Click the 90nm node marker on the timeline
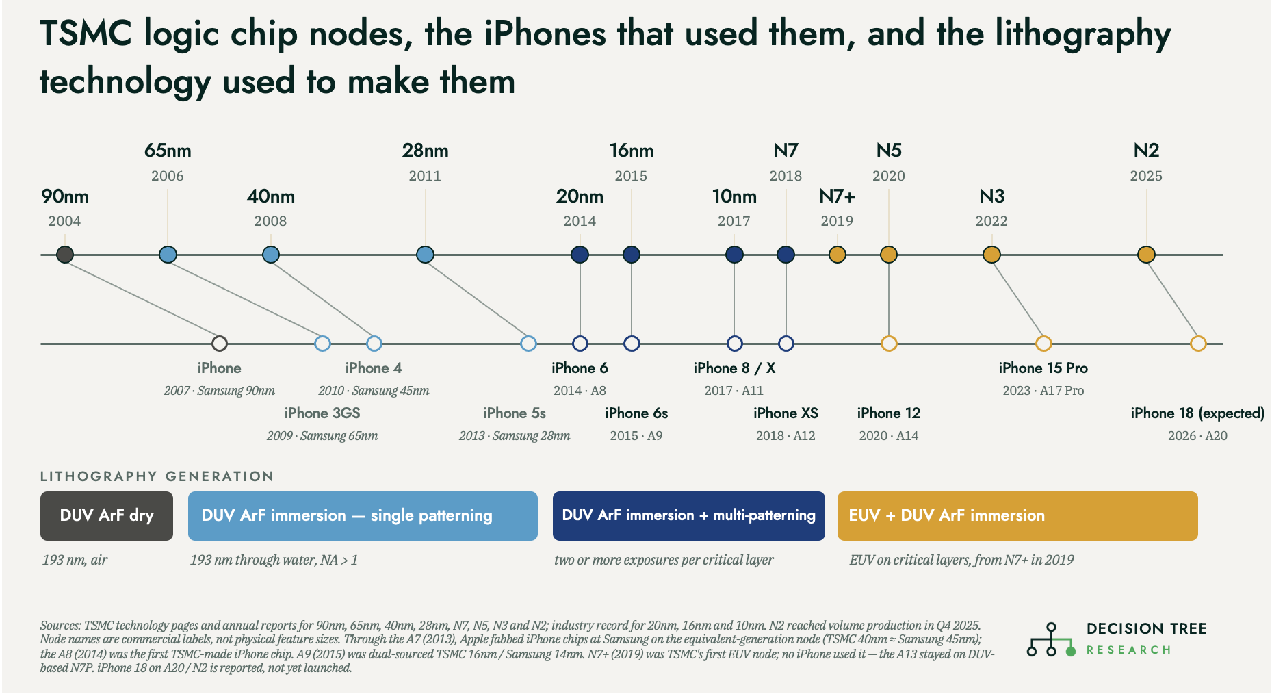[65, 255]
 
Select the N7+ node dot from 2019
[837, 255]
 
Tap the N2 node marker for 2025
[1146, 255]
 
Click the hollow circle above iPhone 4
[374, 344]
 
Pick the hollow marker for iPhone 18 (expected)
[1198, 344]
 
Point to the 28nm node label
[426, 151]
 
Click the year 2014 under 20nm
[580, 221]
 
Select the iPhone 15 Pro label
[1043, 368]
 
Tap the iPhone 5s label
[515, 413]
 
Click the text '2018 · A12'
[786, 436]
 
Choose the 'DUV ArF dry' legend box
[107, 516]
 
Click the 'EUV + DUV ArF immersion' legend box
[1017, 516]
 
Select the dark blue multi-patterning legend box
[689, 516]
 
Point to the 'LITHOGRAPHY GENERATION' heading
[157, 476]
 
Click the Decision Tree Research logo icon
[1051, 639]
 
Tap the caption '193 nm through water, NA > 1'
[274, 560]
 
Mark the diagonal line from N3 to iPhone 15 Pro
[1017, 299]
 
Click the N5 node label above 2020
[889, 151]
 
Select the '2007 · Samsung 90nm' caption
[219, 391]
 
